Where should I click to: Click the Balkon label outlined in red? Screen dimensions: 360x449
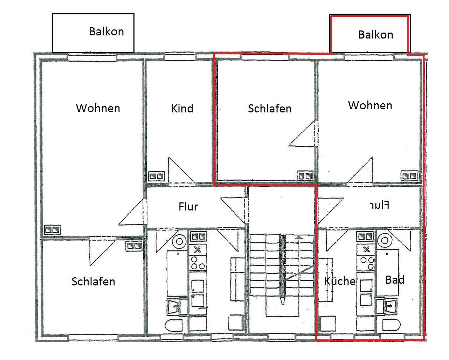(x=375, y=35)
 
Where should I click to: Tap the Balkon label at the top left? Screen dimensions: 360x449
(x=106, y=32)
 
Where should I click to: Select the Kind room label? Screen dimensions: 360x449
(x=182, y=109)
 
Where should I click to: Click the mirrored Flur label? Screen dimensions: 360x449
(x=379, y=205)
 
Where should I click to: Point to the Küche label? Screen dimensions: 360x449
(x=339, y=281)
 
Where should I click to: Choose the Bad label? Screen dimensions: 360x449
(x=395, y=280)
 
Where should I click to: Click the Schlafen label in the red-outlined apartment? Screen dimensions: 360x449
(x=270, y=109)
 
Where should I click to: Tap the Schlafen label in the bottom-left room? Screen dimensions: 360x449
(x=93, y=282)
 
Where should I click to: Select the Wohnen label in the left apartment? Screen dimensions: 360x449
(x=98, y=108)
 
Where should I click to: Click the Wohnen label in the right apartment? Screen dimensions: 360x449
(x=370, y=105)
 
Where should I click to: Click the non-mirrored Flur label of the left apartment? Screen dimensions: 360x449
(x=188, y=207)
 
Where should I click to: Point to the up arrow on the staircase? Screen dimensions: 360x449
(x=298, y=238)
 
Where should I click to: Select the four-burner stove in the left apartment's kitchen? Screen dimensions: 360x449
(x=198, y=263)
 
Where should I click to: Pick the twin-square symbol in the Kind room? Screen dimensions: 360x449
(x=157, y=176)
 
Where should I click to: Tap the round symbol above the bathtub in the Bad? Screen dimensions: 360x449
(x=385, y=241)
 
